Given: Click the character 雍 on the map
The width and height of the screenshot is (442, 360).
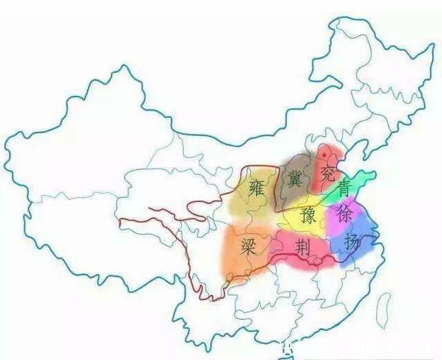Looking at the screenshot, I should [256, 187].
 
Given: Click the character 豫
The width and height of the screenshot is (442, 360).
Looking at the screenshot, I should [309, 216].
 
